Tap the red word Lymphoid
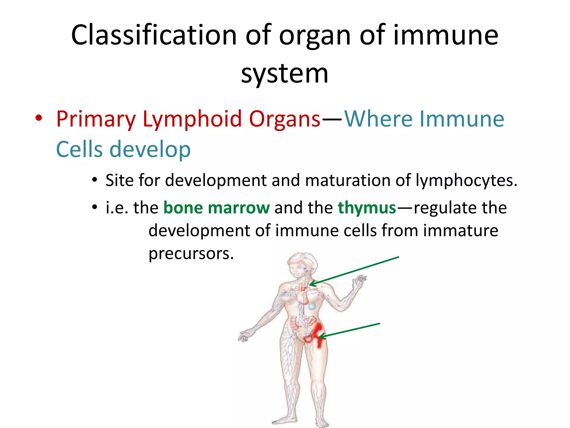[192, 119]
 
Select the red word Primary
[96, 119]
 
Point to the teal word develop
[150, 150]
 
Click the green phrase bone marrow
[216, 208]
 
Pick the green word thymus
[367, 208]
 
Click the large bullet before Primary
[39, 118]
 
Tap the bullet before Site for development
[95, 180]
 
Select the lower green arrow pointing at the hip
[349, 330]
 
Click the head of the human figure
[302, 263]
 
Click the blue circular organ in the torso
[312, 307]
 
